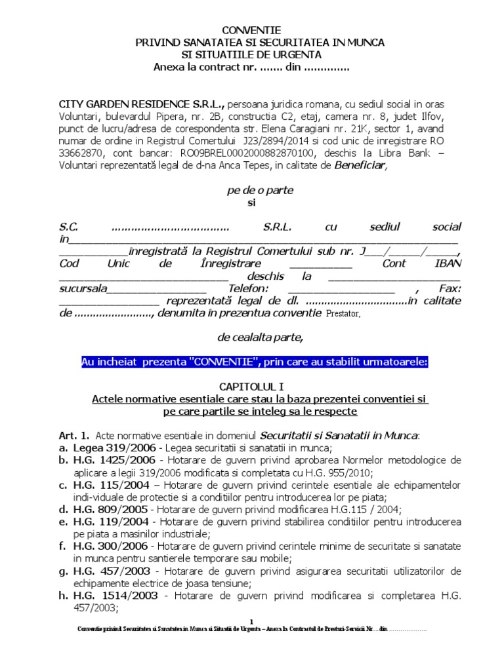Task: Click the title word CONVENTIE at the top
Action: (251, 30)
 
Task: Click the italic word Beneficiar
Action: (361, 165)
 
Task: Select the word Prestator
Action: (343, 313)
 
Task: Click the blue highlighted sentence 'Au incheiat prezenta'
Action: (255, 362)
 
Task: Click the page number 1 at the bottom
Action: (251, 620)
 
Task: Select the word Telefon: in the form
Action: (247, 288)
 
